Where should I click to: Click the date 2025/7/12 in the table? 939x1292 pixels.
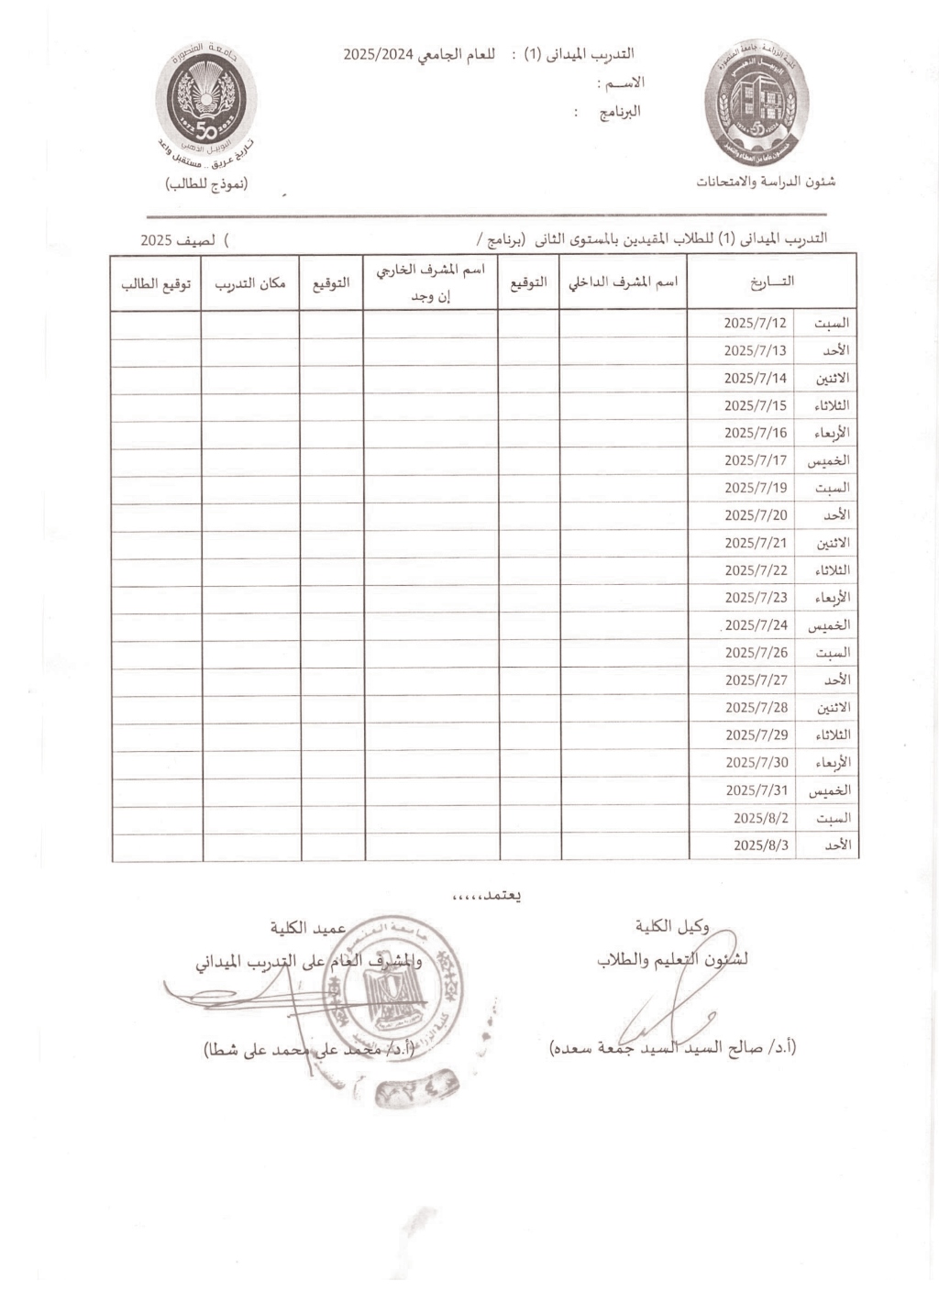point(755,323)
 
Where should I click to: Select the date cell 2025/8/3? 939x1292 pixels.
point(760,845)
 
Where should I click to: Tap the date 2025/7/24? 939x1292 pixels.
point(756,625)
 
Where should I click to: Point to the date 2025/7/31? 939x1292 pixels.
point(756,790)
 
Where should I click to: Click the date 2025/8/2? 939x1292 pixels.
point(760,818)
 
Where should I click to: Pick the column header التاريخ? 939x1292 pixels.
point(771,282)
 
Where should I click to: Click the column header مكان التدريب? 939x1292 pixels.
point(250,283)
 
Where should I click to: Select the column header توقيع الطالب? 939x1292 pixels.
point(156,283)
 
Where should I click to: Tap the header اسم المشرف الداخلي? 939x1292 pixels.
point(624,282)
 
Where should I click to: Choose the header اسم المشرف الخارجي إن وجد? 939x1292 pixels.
point(431,282)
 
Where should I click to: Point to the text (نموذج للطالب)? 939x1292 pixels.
point(206,183)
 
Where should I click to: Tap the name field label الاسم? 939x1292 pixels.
point(621,83)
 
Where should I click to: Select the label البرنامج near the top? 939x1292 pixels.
point(620,113)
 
